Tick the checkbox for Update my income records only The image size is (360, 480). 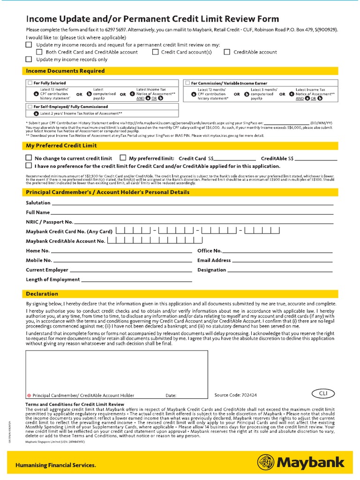click(x=29, y=60)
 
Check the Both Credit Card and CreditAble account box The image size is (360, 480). click(x=39, y=52)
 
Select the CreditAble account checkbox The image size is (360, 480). click(x=227, y=52)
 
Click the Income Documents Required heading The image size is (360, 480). click(x=65, y=71)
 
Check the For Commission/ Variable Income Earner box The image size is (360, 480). click(x=187, y=83)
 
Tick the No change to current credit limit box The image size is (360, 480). click(x=29, y=158)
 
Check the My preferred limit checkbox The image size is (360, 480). click(x=123, y=158)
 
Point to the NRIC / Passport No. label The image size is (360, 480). click(x=49, y=222)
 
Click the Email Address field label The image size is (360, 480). click(x=214, y=260)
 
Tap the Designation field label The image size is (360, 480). click(x=212, y=270)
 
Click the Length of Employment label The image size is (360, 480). click(x=52, y=279)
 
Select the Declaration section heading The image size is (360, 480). click(x=41, y=294)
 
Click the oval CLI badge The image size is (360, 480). click(x=323, y=393)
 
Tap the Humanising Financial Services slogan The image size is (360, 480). click(x=56, y=465)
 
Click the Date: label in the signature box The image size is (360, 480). click(x=171, y=396)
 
